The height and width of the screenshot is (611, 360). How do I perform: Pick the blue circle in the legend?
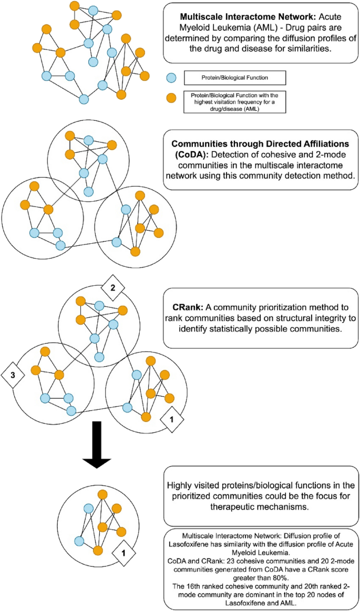tap(170, 78)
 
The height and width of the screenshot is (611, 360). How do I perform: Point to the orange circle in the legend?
tap(170, 98)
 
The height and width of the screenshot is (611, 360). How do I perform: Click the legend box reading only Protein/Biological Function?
tap(234, 78)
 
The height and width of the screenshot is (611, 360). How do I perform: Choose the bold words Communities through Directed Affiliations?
tap(262, 143)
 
